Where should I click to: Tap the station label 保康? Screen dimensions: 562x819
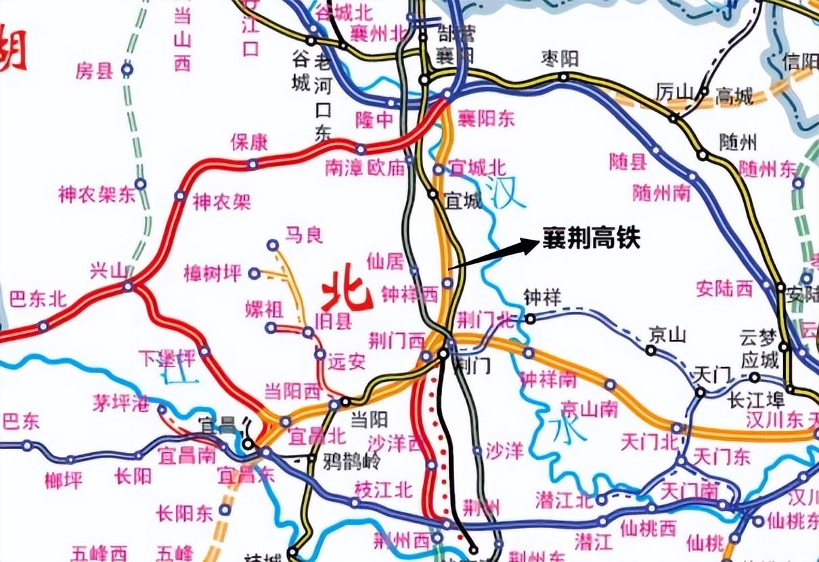click(x=249, y=142)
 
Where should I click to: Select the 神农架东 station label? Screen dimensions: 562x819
click(x=96, y=196)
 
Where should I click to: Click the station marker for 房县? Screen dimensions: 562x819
click(x=127, y=68)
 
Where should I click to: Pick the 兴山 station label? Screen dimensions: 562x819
click(x=108, y=271)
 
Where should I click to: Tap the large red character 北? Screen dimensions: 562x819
click(x=347, y=293)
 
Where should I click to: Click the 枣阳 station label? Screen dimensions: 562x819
click(x=559, y=59)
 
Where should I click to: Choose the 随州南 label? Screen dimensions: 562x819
click(x=661, y=193)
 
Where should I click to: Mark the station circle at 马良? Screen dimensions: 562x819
click(x=273, y=244)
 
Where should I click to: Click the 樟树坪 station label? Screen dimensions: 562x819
click(x=212, y=274)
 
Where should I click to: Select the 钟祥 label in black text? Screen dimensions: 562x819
click(x=544, y=297)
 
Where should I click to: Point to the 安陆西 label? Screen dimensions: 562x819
click(x=724, y=288)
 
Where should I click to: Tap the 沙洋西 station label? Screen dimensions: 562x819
click(x=395, y=442)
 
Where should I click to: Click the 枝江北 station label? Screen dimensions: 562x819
click(x=383, y=488)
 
